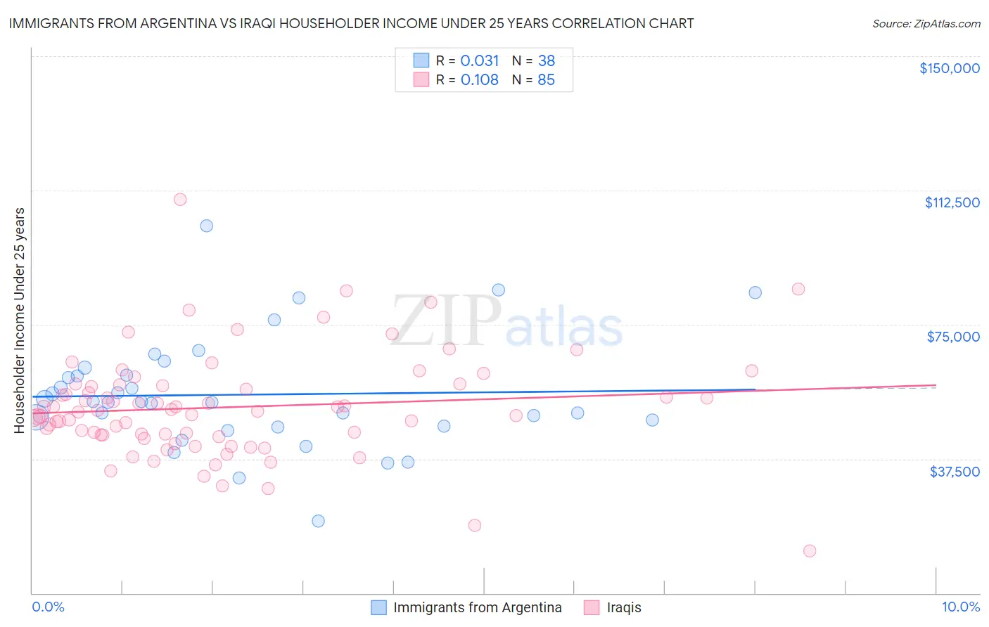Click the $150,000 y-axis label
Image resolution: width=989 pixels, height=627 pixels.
click(x=949, y=68)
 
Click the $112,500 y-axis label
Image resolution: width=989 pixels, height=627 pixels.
click(x=952, y=202)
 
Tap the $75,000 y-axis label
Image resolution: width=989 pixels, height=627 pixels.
click(x=953, y=337)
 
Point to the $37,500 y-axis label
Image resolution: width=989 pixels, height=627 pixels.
click(x=954, y=472)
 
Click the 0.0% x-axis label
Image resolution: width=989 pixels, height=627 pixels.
click(x=48, y=607)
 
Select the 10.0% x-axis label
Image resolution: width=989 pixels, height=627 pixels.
click(x=960, y=607)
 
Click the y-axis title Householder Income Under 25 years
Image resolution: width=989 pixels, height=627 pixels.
click(x=20, y=320)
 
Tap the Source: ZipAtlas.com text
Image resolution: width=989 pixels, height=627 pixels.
click(x=926, y=24)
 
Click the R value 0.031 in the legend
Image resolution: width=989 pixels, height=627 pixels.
click(x=479, y=61)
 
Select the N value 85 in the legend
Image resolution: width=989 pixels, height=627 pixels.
click(x=546, y=80)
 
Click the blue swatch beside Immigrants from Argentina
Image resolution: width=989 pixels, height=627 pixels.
click(x=378, y=607)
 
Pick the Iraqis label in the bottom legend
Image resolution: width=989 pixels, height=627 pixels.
click(x=624, y=607)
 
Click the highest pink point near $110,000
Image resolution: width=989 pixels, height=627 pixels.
click(x=180, y=200)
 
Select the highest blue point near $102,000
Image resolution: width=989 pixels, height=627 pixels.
click(x=207, y=226)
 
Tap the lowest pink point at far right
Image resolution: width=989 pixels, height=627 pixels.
click(x=810, y=551)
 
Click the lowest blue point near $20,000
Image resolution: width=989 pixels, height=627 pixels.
click(x=318, y=521)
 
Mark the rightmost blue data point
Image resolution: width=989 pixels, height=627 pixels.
click(x=755, y=292)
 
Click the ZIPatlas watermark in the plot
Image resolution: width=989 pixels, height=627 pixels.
click(x=506, y=321)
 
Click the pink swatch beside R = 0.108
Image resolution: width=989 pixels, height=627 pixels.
click(x=421, y=80)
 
